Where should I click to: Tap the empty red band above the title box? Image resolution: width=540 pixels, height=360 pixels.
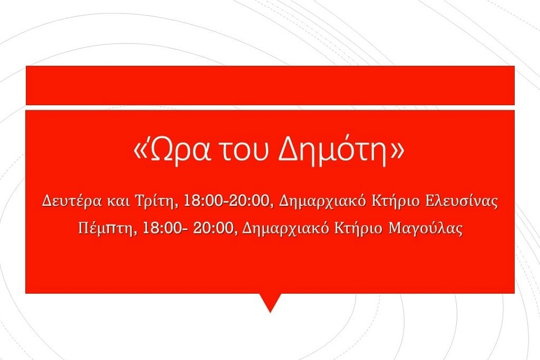coord(270,85)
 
